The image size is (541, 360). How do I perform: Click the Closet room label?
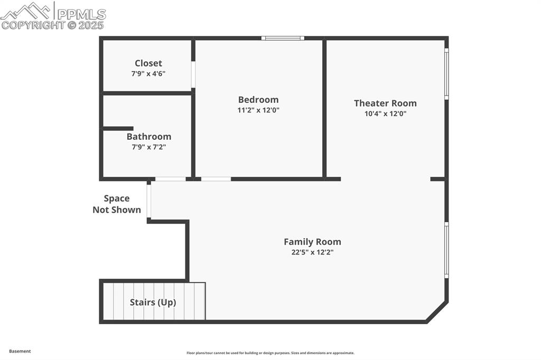pos(148,63)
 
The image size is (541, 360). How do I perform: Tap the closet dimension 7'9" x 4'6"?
pos(148,74)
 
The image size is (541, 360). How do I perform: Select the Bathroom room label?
pos(149,137)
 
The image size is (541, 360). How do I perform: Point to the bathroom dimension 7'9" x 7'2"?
pos(149,147)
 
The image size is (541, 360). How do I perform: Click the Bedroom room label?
pos(258,100)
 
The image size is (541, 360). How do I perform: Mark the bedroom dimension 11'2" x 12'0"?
pos(258,110)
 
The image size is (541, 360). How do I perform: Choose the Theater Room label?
pos(385,103)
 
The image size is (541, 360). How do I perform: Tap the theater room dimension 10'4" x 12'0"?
pos(385,113)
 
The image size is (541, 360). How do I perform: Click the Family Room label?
pos(312,242)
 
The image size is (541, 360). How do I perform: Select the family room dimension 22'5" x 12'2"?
pos(312,252)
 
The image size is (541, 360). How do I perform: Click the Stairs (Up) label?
pos(153,302)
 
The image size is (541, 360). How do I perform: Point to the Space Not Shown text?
pos(117,204)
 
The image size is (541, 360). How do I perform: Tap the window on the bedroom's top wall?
pos(283,38)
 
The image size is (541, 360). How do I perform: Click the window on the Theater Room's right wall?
pos(446,74)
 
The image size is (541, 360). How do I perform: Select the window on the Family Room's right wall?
pos(446,250)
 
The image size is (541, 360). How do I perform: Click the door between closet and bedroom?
pos(193,75)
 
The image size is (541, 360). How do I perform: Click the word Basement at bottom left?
pos(20,351)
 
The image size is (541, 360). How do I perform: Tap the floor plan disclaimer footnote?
pos(270,353)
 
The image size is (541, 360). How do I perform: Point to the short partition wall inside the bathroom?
pos(118,128)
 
